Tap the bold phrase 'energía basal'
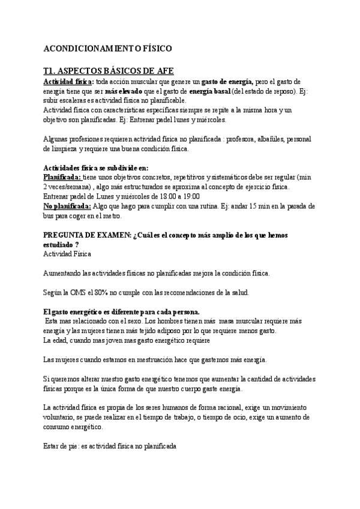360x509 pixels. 209,91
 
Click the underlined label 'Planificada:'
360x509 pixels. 63,178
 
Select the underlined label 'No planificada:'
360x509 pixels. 68,206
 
